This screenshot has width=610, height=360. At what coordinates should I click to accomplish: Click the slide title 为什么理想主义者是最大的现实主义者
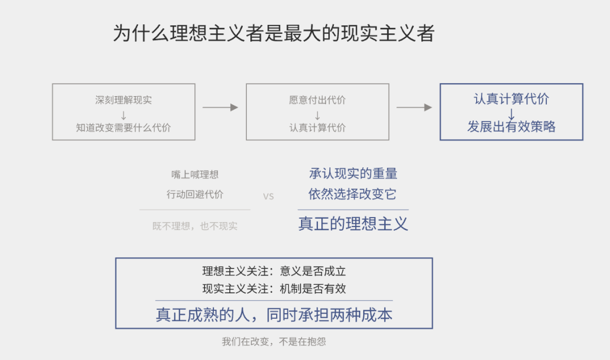tap(273, 33)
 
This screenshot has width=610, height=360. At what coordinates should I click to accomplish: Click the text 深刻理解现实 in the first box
tap(124, 100)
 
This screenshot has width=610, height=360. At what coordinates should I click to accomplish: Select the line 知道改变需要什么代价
tap(124, 128)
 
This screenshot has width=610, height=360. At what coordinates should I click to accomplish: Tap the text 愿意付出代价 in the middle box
tap(317, 100)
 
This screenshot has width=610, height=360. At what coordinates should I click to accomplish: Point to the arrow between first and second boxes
tap(220, 107)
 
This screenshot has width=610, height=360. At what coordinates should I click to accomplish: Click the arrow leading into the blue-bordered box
tap(414, 107)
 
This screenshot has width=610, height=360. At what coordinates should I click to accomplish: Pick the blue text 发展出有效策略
tap(511, 127)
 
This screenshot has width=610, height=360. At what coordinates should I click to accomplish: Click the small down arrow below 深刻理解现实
tap(124, 115)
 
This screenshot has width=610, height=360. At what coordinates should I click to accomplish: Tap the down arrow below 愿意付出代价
tap(317, 115)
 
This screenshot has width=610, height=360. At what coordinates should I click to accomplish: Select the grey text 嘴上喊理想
tap(195, 175)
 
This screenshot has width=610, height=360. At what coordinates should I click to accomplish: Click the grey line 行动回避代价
tap(195, 194)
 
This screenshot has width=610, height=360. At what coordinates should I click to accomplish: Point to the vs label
tap(268, 197)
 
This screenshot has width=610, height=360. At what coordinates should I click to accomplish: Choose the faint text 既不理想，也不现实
tap(195, 226)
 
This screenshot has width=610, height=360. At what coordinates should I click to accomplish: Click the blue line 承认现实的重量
tap(353, 174)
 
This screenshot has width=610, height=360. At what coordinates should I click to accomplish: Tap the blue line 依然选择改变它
tap(353, 194)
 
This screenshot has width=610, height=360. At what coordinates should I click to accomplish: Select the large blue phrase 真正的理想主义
tap(353, 224)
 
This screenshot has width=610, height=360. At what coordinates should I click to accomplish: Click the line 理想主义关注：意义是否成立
tap(274, 271)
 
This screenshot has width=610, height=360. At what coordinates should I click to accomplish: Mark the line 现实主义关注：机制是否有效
tap(274, 289)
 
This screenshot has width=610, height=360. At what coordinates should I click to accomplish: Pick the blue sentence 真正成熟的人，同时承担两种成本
tap(274, 315)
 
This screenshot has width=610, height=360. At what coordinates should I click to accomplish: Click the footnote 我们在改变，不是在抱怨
tap(274, 342)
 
